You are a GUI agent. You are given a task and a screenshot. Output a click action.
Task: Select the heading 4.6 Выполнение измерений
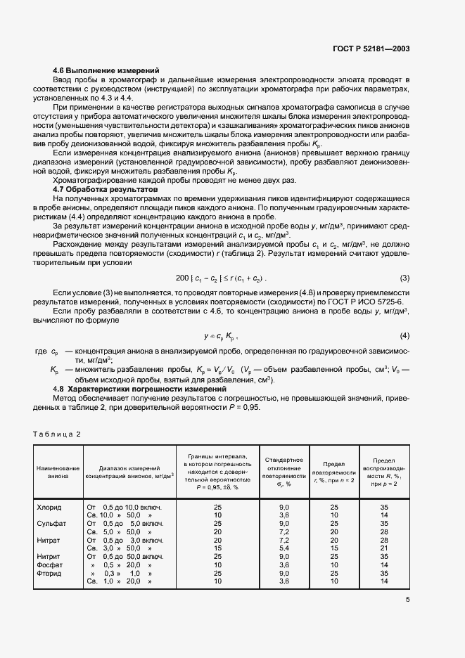[x=106, y=71]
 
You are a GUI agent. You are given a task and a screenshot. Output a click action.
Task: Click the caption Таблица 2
[x=57, y=434]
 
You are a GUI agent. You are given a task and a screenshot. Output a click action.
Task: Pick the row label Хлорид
[x=49, y=507]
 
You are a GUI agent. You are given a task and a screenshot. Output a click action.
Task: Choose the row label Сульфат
[x=50, y=523]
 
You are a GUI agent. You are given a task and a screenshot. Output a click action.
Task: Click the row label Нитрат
[x=48, y=539]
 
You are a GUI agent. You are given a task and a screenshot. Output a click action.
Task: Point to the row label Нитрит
[x=48, y=556]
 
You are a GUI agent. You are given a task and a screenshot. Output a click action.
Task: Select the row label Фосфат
[x=49, y=565]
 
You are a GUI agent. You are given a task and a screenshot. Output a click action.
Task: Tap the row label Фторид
[x=49, y=573]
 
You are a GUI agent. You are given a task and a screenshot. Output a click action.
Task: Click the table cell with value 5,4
[x=284, y=548]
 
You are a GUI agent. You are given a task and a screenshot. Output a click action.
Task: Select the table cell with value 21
[x=384, y=548]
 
